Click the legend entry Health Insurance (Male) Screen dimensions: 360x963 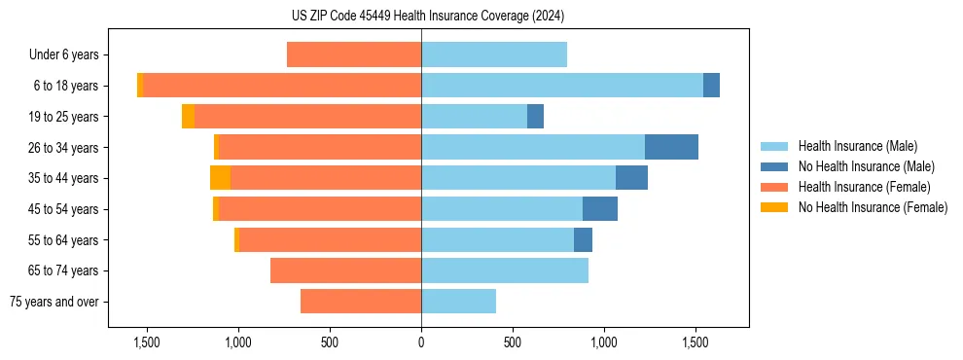tap(857, 146)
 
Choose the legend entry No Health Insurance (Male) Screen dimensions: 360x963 tap(866, 166)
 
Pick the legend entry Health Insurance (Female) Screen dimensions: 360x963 tap(864, 187)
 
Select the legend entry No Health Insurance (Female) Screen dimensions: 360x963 tap(873, 207)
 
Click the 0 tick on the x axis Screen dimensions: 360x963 tap(421, 342)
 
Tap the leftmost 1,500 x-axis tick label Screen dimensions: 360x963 tap(146, 342)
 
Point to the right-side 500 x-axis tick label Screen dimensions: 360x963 tap(513, 342)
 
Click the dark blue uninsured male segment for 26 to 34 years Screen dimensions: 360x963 tap(671, 147)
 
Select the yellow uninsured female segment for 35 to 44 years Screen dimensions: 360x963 tap(220, 178)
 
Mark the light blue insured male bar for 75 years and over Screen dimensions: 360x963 tap(458, 302)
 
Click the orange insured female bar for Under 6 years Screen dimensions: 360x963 tap(354, 54)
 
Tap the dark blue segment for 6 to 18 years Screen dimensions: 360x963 tap(711, 86)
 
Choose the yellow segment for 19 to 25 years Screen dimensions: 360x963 tap(188, 117)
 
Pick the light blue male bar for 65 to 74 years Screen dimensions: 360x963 tap(505, 270)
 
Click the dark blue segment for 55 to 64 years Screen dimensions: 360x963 tap(583, 239)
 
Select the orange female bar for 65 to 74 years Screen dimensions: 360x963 tap(345, 270)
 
